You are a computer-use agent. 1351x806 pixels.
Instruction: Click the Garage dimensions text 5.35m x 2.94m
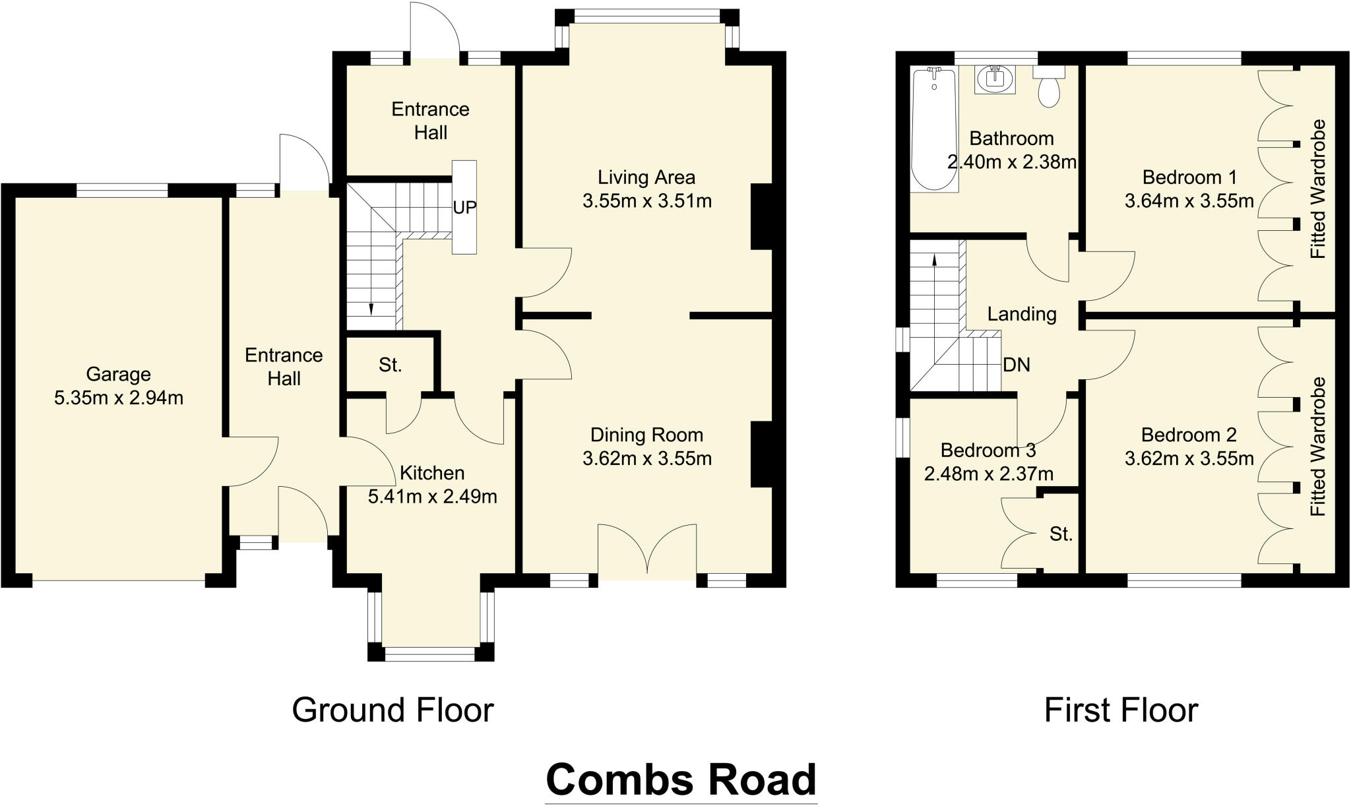coord(119,398)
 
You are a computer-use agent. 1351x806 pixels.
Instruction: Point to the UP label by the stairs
coord(464,207)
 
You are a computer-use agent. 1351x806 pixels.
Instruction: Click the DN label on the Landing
coord(1016,365)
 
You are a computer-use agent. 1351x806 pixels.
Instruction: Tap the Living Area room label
coord(646,177)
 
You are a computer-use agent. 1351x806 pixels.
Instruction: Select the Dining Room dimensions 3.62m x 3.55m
coord(646,458)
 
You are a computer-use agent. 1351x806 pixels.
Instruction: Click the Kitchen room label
coord(432,473)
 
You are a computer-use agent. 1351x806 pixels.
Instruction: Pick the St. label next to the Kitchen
coord(391,365)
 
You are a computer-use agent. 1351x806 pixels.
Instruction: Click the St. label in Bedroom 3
coord(1061,534)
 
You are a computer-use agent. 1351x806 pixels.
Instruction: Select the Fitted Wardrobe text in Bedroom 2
coord(1318,447)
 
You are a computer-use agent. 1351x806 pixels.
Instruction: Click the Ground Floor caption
coord(393,710)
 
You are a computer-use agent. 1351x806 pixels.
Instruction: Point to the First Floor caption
coord(1121,710)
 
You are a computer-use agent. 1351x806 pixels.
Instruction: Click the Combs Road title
coord(681,780)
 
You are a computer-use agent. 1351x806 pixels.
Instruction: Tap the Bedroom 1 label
coord(1189,177)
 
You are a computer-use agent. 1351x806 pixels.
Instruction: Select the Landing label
coord(1021,314)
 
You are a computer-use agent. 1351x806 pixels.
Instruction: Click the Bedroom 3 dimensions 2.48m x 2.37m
coord(988,474)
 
